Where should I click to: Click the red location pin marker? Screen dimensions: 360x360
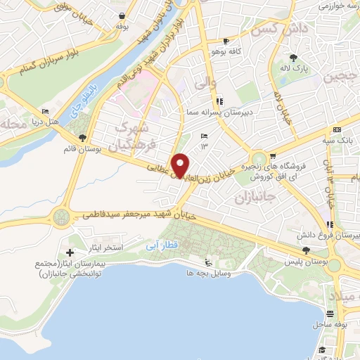[x=181, y=165]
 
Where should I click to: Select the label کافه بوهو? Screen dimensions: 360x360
[x=225, y=51]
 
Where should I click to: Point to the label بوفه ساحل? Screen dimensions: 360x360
[x=329, y=326]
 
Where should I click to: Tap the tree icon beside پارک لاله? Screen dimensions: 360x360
[x=292, y=57]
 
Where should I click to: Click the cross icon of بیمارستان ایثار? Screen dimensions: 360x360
[x=70, y=252]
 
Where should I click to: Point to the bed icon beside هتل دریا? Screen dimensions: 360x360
[x=46, y=112]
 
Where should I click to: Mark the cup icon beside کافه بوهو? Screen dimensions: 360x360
[x=225, y=41]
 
